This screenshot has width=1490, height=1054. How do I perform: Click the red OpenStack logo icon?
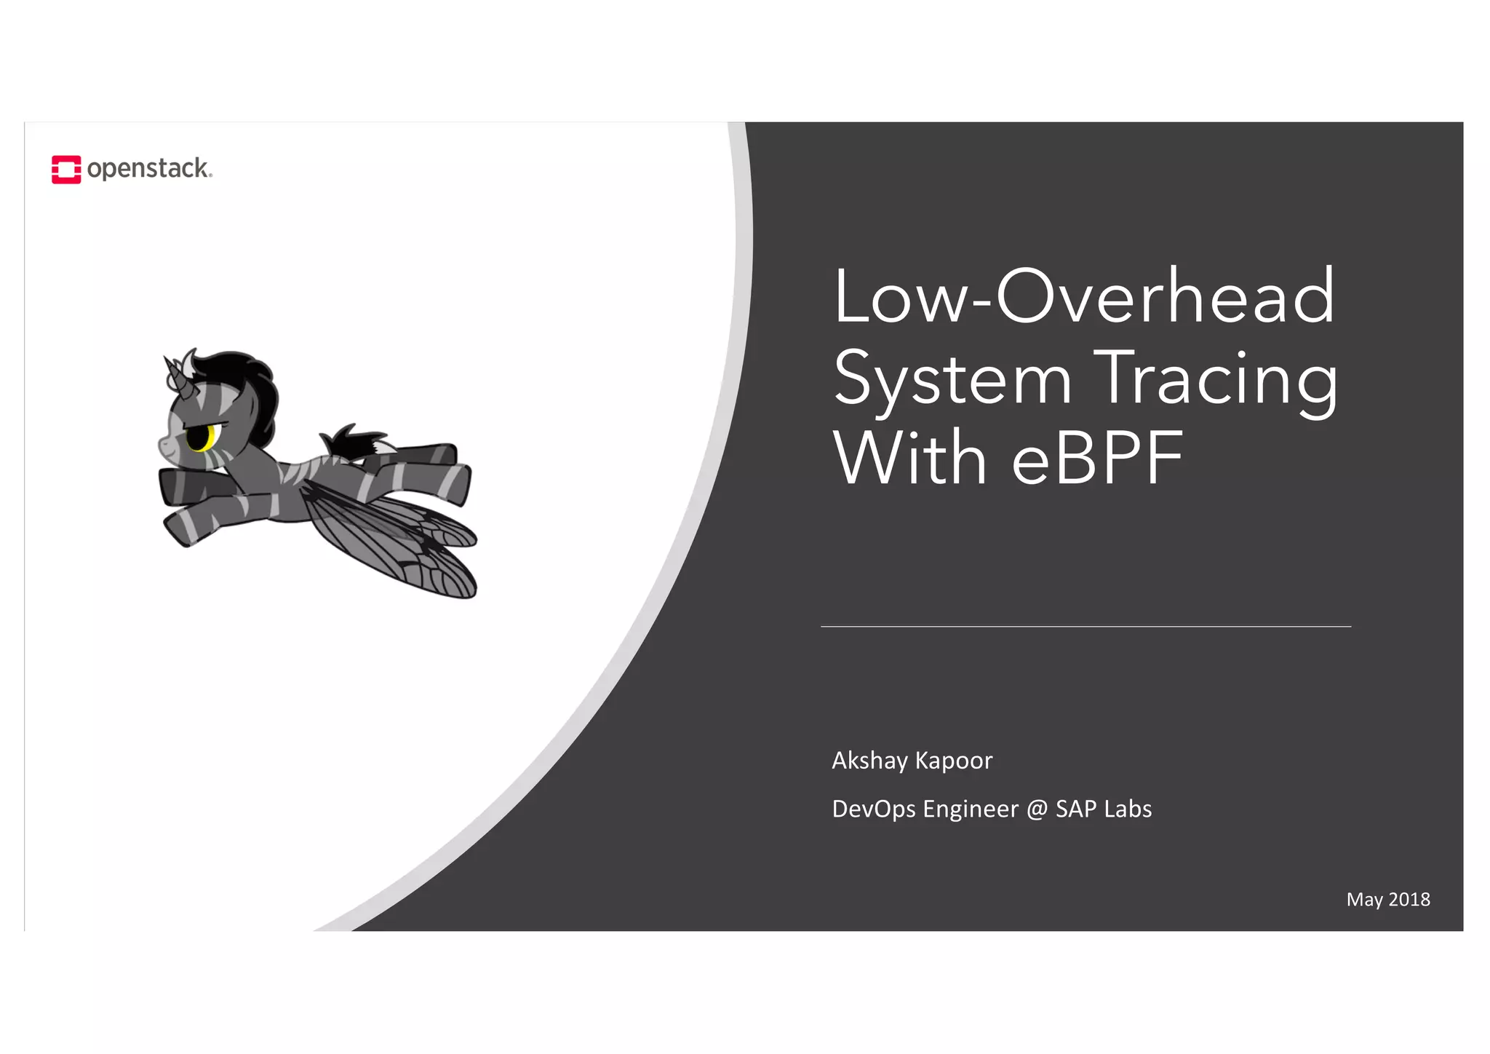66,170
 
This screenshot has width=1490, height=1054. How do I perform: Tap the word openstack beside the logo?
148,169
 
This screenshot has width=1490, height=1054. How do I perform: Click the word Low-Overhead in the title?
1084,297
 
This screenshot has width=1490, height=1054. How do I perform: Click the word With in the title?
909,459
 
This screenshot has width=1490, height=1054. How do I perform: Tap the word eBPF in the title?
1097,459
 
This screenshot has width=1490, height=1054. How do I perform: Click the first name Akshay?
869,761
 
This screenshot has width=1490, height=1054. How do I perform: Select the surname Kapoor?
954,761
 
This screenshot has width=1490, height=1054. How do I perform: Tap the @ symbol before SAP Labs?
1037,809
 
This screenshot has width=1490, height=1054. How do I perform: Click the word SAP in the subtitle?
1076,809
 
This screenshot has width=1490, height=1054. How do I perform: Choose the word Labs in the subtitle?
1128,809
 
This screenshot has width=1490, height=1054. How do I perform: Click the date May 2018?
1388,900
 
